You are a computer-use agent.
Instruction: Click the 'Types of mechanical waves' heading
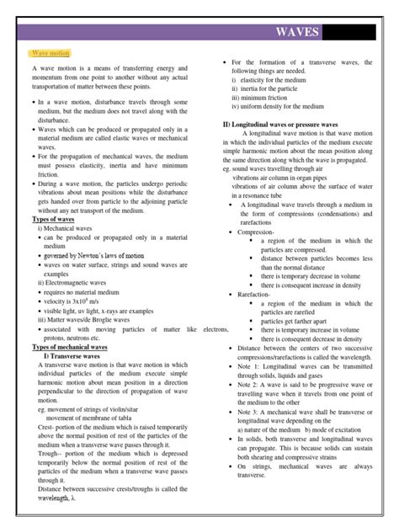[x=75, y=348]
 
